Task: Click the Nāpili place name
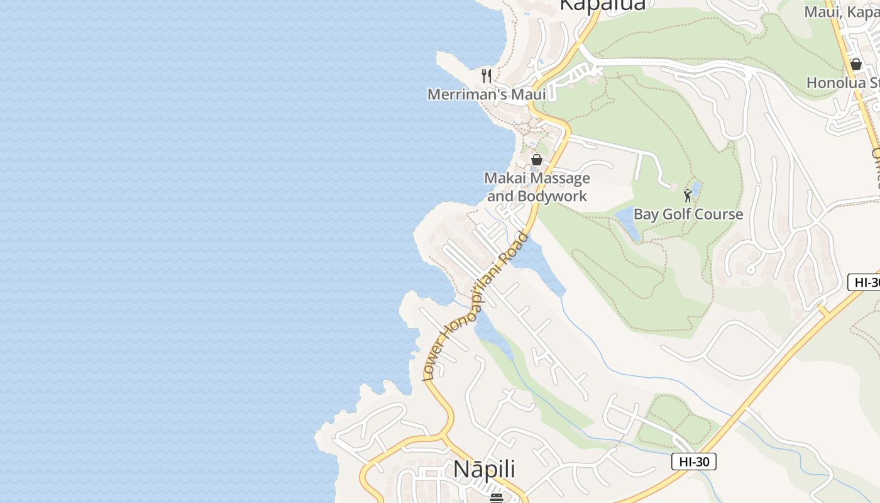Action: click(484, 469)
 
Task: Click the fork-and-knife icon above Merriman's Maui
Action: click(486, 76)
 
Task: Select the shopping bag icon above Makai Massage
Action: click(537, 160)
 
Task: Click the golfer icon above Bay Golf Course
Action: click(688, 195)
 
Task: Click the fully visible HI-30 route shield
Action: click(694, 462)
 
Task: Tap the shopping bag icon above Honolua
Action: click(855, 64)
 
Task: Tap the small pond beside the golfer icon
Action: click(695, 188)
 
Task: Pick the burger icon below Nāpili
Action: click(497, 498)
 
